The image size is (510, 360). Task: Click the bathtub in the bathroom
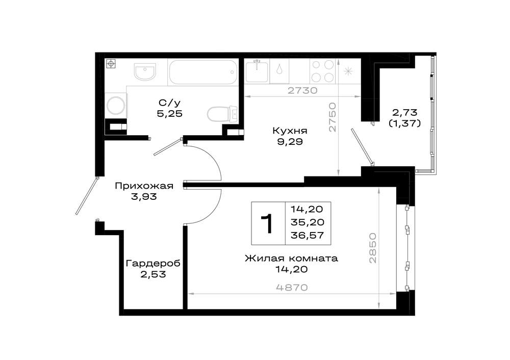(x=203, y=72)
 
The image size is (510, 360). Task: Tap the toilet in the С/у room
(x=223, y=114)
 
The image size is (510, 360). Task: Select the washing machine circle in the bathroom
(x=116, y=105)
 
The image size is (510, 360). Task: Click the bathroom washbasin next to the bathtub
(x=145, y=72)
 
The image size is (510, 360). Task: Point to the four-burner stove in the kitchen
(x=322, y=71)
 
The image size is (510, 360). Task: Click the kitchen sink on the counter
(x=257, y=71)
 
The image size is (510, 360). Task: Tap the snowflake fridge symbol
(x=348, y=71)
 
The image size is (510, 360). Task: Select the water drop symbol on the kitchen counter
(x=279, y=70)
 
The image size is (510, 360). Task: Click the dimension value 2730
(x=302, y=90)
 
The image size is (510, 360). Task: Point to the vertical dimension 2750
(x=332, y=117)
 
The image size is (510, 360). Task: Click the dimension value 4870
(x=292, y=288)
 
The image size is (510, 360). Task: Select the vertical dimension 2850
(x=373, y=248)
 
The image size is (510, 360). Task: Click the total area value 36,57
(x=308, y=235)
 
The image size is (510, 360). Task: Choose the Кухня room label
(x=290, y=131)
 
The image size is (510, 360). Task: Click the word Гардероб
(x=153, y=264)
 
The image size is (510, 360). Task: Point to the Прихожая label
(x=144, y=186)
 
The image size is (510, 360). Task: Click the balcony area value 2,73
(x=404, y=113)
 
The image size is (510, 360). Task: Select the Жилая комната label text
(x=291, y=259)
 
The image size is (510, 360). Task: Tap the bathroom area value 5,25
(x=169, y=114)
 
